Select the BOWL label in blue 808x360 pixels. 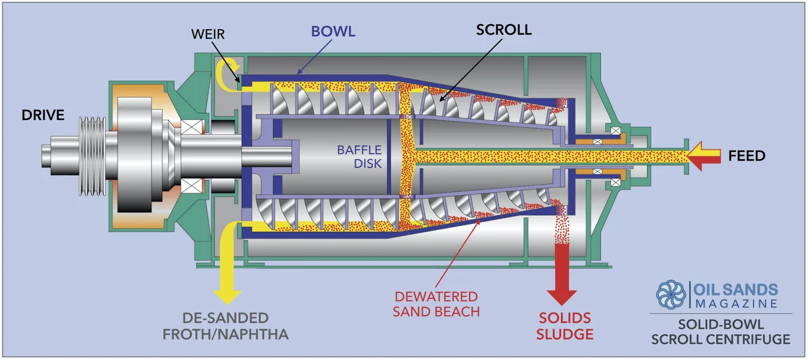click(333, 31)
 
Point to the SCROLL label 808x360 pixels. click(503, 30)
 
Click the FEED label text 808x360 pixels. click(747, 156)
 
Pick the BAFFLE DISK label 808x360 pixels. click(359, 156)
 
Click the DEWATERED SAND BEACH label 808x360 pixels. click(436, 303)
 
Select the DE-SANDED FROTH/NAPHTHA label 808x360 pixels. click(225, 326)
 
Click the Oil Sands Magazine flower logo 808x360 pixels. click(671, 294)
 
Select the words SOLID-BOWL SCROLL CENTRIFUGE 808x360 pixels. click(721, 331)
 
